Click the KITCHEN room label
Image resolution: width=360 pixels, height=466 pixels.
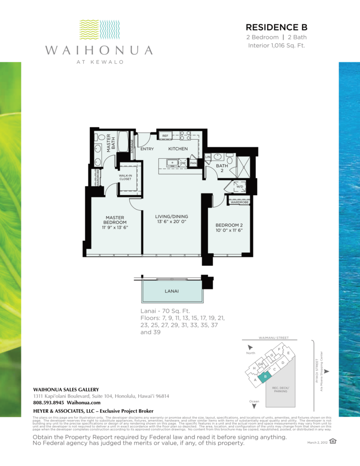(178, 149)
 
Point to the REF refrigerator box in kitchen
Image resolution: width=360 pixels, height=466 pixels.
(165, 136)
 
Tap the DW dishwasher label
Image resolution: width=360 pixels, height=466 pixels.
(183, 162)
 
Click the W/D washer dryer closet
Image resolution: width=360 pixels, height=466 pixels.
(239, 186)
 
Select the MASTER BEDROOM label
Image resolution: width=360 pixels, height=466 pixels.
(116, 220)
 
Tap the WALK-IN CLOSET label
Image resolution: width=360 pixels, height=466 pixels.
(126, 177)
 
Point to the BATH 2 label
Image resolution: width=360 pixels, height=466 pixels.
(222, 168)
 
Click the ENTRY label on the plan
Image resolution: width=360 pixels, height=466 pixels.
(147, 149)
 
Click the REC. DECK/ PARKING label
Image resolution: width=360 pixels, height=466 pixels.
(280, 390)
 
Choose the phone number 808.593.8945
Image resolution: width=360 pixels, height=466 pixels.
(49, 402)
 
